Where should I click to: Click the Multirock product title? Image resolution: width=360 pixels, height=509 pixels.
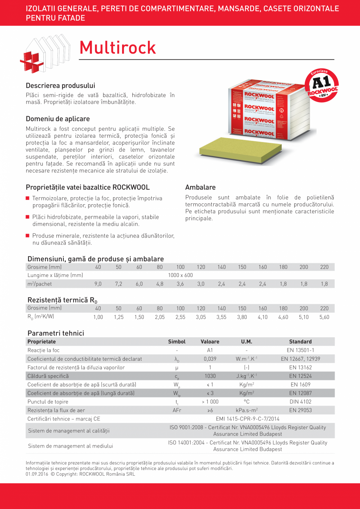click(x=117, y=48)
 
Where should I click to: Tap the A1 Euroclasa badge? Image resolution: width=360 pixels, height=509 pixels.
click(x=322, y=85)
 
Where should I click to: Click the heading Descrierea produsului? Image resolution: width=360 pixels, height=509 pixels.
click(x=60, y=85)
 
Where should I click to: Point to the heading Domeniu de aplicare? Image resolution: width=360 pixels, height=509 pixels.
click(x=58, y=119)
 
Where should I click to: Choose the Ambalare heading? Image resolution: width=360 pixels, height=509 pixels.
click(x=200, y=187)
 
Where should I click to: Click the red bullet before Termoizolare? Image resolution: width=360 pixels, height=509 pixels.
click(x=28, y=198)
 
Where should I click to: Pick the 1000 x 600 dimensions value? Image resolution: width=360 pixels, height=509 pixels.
click(x=180, y=275)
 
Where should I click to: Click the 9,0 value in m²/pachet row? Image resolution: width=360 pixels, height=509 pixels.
click(x=98, y=284)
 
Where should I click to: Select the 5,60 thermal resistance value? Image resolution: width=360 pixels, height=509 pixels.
click(x=324, y=317)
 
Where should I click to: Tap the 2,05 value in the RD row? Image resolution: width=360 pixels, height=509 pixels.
click(x=160, y=317)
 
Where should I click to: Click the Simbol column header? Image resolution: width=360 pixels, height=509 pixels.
click(x=176, y=342)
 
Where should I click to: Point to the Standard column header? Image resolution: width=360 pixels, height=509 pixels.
click(x=300, y=342)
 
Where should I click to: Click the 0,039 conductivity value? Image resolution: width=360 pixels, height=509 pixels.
click(x=210, y=359)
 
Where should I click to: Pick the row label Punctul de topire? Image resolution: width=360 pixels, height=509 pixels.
click(x=48, y=402)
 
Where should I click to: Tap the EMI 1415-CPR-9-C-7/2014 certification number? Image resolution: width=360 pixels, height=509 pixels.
click(x=248, y=419)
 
